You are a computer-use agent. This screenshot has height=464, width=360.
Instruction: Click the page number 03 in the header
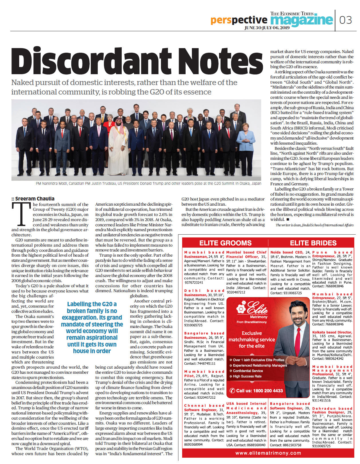[x=345, y=20]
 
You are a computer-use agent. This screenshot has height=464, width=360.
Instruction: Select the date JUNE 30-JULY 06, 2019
[x=267, y=28]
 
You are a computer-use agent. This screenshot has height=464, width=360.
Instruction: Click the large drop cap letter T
[x=21, y=214]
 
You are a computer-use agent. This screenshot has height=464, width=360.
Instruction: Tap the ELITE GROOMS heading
[x=225, y=243]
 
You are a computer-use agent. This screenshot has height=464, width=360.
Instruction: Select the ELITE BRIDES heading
[x=313, y=243]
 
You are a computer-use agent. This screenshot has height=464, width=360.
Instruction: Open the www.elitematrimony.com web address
[x=268, y=453]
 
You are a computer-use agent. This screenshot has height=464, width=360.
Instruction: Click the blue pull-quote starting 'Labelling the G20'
[x=92, y=327]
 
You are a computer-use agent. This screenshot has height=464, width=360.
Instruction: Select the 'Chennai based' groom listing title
[x=204, y=406]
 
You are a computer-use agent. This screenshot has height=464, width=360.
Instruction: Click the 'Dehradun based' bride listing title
[x=332, y=408]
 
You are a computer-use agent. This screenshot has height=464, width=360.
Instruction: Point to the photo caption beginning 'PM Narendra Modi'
[x=148, y=183]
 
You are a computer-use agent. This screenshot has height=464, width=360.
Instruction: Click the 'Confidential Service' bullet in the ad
[x=248, y=371]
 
